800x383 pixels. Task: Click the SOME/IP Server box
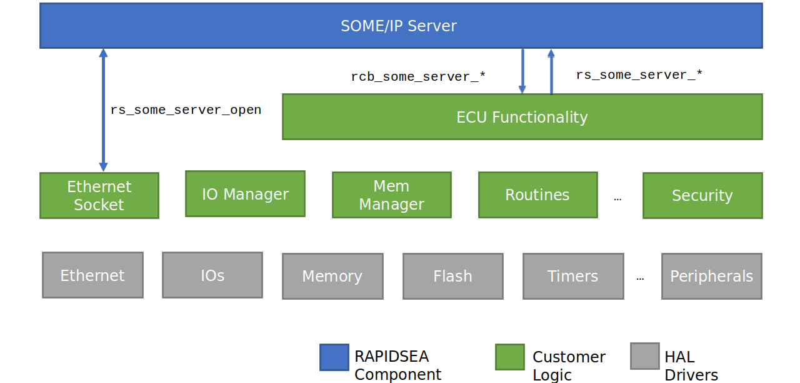point(401,26)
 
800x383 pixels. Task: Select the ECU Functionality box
point(522,117)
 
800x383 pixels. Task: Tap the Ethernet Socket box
point(99,196)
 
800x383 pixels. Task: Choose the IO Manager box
point(245,194)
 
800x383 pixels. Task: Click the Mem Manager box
point(392,195)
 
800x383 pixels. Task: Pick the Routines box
point(538,195)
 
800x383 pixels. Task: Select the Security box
point(702,196)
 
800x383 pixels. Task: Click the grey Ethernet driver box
point(93,275)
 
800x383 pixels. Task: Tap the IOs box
point(212,275)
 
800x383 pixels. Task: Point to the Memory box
point(332,277)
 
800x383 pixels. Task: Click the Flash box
point(453,277)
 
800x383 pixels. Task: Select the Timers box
point(573,277)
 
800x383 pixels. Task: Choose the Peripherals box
point(711,277)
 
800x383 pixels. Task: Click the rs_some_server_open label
point(186,110)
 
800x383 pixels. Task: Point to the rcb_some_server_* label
point(418,76)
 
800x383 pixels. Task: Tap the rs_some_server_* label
point(639,75)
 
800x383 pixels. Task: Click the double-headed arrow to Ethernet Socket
point(104,110)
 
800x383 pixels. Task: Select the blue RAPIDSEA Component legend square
point(334,357)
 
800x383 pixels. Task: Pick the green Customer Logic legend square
point(510,357)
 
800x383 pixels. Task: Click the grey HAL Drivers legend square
point(645,356)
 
